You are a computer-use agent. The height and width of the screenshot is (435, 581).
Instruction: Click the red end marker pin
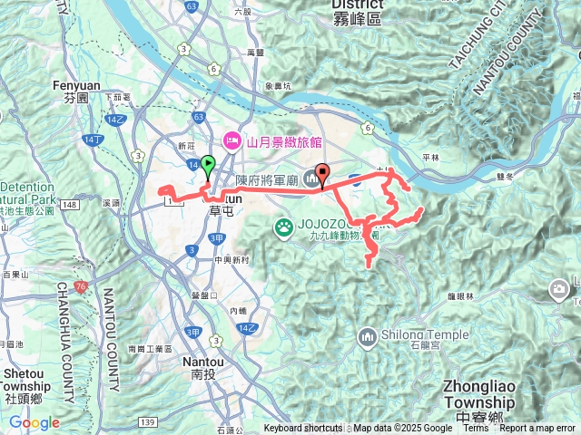click(322, 174)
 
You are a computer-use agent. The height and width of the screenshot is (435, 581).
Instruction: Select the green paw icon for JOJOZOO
click(283, 226)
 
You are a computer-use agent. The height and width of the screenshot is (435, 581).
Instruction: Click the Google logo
click(34, 422)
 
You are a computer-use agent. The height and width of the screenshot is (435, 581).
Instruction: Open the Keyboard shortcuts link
click(303, 429)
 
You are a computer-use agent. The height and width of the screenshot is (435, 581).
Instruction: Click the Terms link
click(476, 429)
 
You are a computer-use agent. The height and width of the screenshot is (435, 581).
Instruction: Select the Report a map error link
click(537, 429)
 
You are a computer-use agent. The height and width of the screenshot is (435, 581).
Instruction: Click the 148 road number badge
click(70, 204)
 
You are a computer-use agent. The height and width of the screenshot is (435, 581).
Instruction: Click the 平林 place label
click(429, 157)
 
